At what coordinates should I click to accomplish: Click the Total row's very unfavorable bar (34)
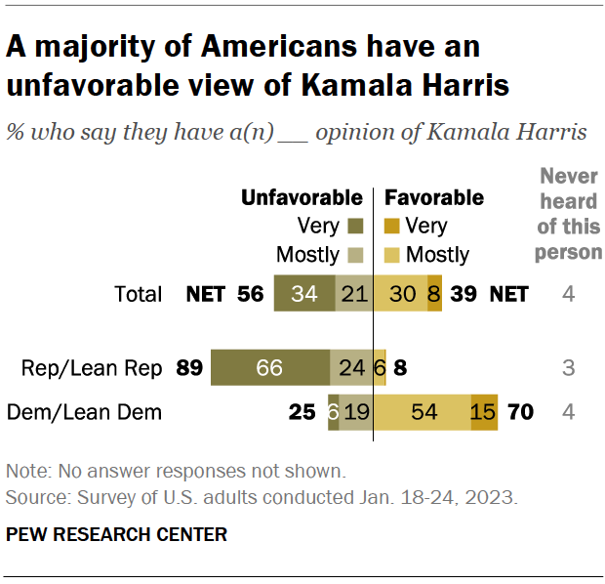[x=303, y=293]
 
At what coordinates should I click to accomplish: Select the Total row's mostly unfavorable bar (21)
[x=353, y=293]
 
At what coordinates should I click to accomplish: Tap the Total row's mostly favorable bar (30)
[x=400, y=293]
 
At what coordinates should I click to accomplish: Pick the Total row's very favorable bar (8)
[x=434, y=293]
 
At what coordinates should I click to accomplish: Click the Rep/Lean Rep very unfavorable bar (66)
[x=269, y=368]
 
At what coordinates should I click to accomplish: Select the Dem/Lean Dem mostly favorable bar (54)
[x=423, y=412]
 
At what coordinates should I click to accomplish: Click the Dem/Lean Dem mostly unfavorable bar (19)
[x=356, y=412]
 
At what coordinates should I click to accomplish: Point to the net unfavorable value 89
[x=189, y=368]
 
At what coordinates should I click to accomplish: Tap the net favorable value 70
[x=520, y=412]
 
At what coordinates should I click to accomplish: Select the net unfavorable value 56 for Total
[x=251, y=293]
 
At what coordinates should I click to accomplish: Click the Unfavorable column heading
[x=302, y=198]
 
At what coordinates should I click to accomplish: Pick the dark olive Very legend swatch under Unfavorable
[x=353, y=227]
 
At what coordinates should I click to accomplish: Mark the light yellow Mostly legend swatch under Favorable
[x=394, y=255]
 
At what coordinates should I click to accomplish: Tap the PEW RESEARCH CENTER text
[x=117, y=534]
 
